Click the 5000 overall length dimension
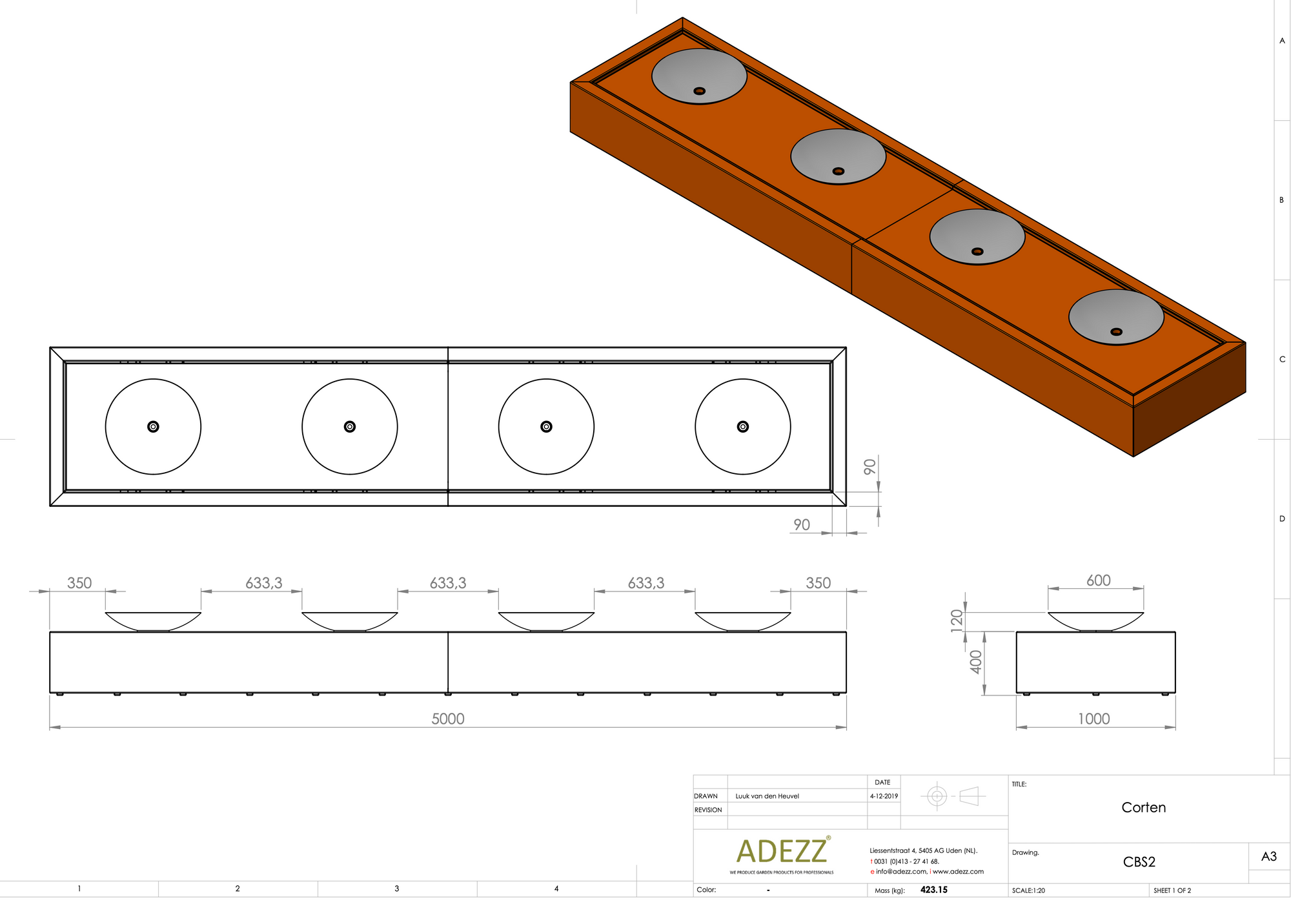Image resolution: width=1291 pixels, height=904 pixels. pos(448,719)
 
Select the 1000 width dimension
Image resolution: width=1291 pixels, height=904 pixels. pos(1094,719)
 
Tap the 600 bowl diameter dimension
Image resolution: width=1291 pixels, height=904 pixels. pos(1099,580)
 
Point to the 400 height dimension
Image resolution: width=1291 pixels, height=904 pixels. pos(976,662)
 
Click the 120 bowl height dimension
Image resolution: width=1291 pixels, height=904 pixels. pos(957,621)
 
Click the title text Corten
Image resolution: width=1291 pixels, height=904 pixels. pos(1144,807)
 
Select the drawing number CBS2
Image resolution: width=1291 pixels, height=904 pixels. pos(1139,862)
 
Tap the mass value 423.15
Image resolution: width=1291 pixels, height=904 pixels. pos(934,890)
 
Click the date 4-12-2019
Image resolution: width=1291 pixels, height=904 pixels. pos(884,796)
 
